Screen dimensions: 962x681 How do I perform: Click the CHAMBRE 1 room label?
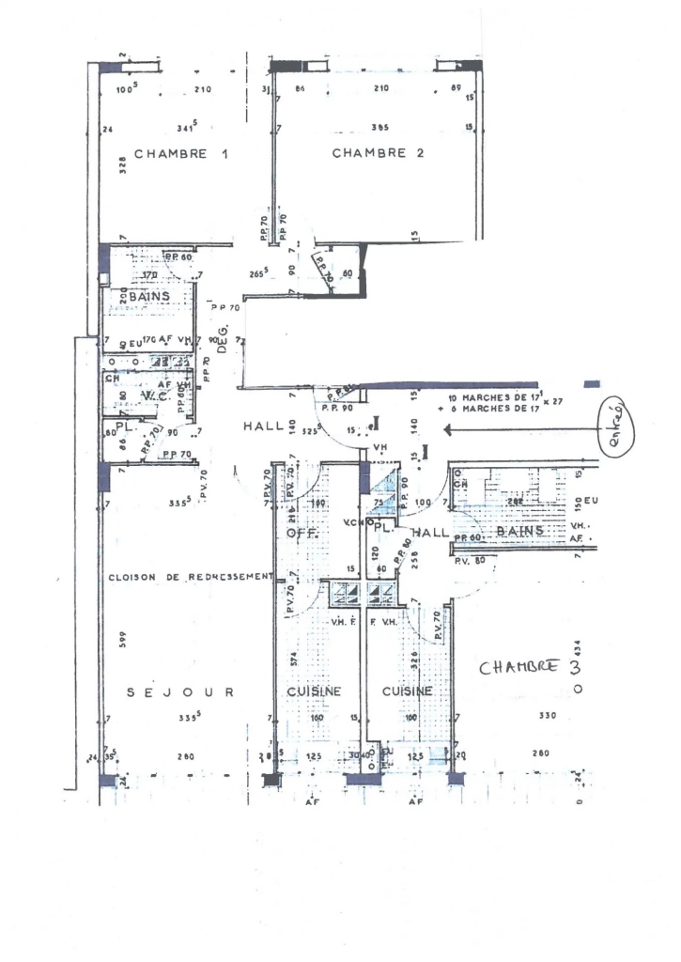[182, 154]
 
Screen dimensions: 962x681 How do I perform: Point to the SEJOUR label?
[180, 692]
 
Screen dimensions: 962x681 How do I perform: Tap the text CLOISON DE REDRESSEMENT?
[191, 577]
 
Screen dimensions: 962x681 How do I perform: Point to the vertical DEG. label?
[224, 334]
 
